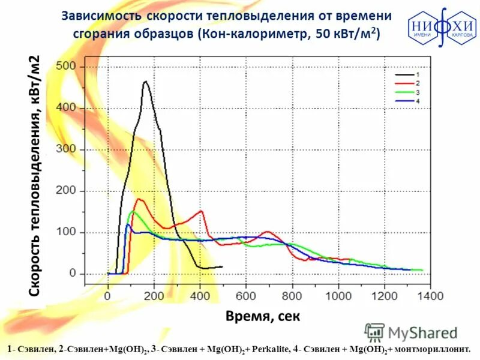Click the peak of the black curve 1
point(145,82)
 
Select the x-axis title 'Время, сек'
point(262,316)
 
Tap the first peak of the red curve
point(139,199)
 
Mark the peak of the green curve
point(133,211)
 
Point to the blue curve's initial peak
point(128,225)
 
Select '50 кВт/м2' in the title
point(347,34)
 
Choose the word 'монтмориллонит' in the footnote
point(431,349)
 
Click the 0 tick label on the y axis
point(73,274)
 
